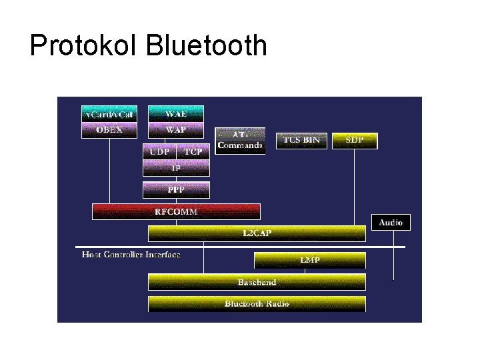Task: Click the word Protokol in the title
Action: point(83,46)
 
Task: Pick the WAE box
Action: point(176,114)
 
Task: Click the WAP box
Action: point(176,130)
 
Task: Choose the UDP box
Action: point(159,151)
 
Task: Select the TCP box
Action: point(193,151)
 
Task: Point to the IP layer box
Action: point(176,169)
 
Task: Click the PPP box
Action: point(176,190)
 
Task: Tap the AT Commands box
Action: point(240,141)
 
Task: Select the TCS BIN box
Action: point(301,140)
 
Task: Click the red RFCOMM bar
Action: point(176,211)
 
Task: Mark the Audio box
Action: point(391,222)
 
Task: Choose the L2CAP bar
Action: point(257,233)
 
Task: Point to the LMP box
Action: point(309,259)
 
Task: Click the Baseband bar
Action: point(257,282)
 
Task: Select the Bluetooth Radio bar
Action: point(257,304)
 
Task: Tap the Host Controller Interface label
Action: point(131,255)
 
